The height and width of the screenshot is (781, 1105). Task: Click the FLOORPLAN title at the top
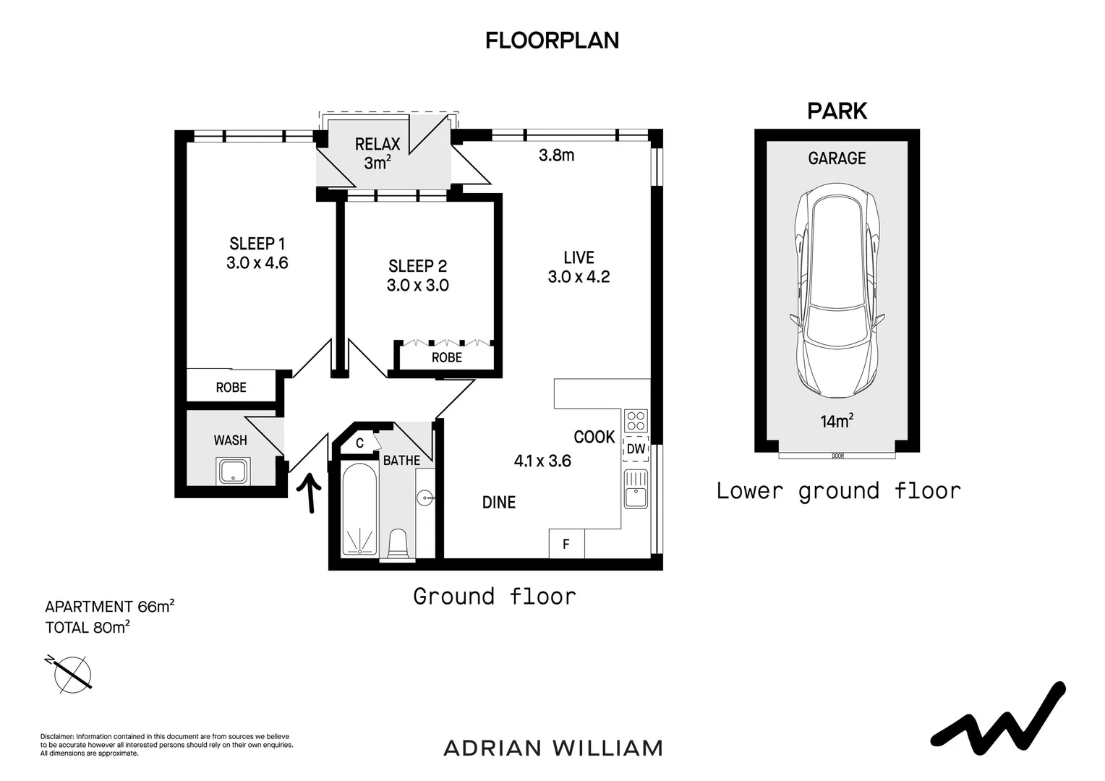(552, 40)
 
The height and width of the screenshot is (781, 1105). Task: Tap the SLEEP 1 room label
(257, 244)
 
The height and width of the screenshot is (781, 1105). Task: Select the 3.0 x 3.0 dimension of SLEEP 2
(418, 285)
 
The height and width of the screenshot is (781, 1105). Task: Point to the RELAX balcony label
(377, 144)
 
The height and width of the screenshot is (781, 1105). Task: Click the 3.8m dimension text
(556, 155)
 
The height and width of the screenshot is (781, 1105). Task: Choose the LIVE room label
(579, 257)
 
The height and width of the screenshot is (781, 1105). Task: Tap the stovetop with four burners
(636, 421)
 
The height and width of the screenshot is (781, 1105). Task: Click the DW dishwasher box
(636, 449)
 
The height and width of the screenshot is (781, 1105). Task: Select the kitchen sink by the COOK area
(636, 489)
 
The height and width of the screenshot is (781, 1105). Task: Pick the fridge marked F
(566, 544)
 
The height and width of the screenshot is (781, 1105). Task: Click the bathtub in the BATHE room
(359, 509)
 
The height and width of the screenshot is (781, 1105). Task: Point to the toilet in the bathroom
(398, 545)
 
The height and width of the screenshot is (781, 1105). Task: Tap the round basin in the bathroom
(424, 498)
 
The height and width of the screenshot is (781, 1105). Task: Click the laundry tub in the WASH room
(234, 471)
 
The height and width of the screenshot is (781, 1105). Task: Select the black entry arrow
(310, 493)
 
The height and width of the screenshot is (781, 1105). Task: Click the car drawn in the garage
(837, 291)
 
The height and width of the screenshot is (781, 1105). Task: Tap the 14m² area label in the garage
(837, 421)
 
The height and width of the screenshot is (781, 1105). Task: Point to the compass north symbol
(70, 673)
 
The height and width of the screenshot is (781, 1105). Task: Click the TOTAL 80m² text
(88, 627)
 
